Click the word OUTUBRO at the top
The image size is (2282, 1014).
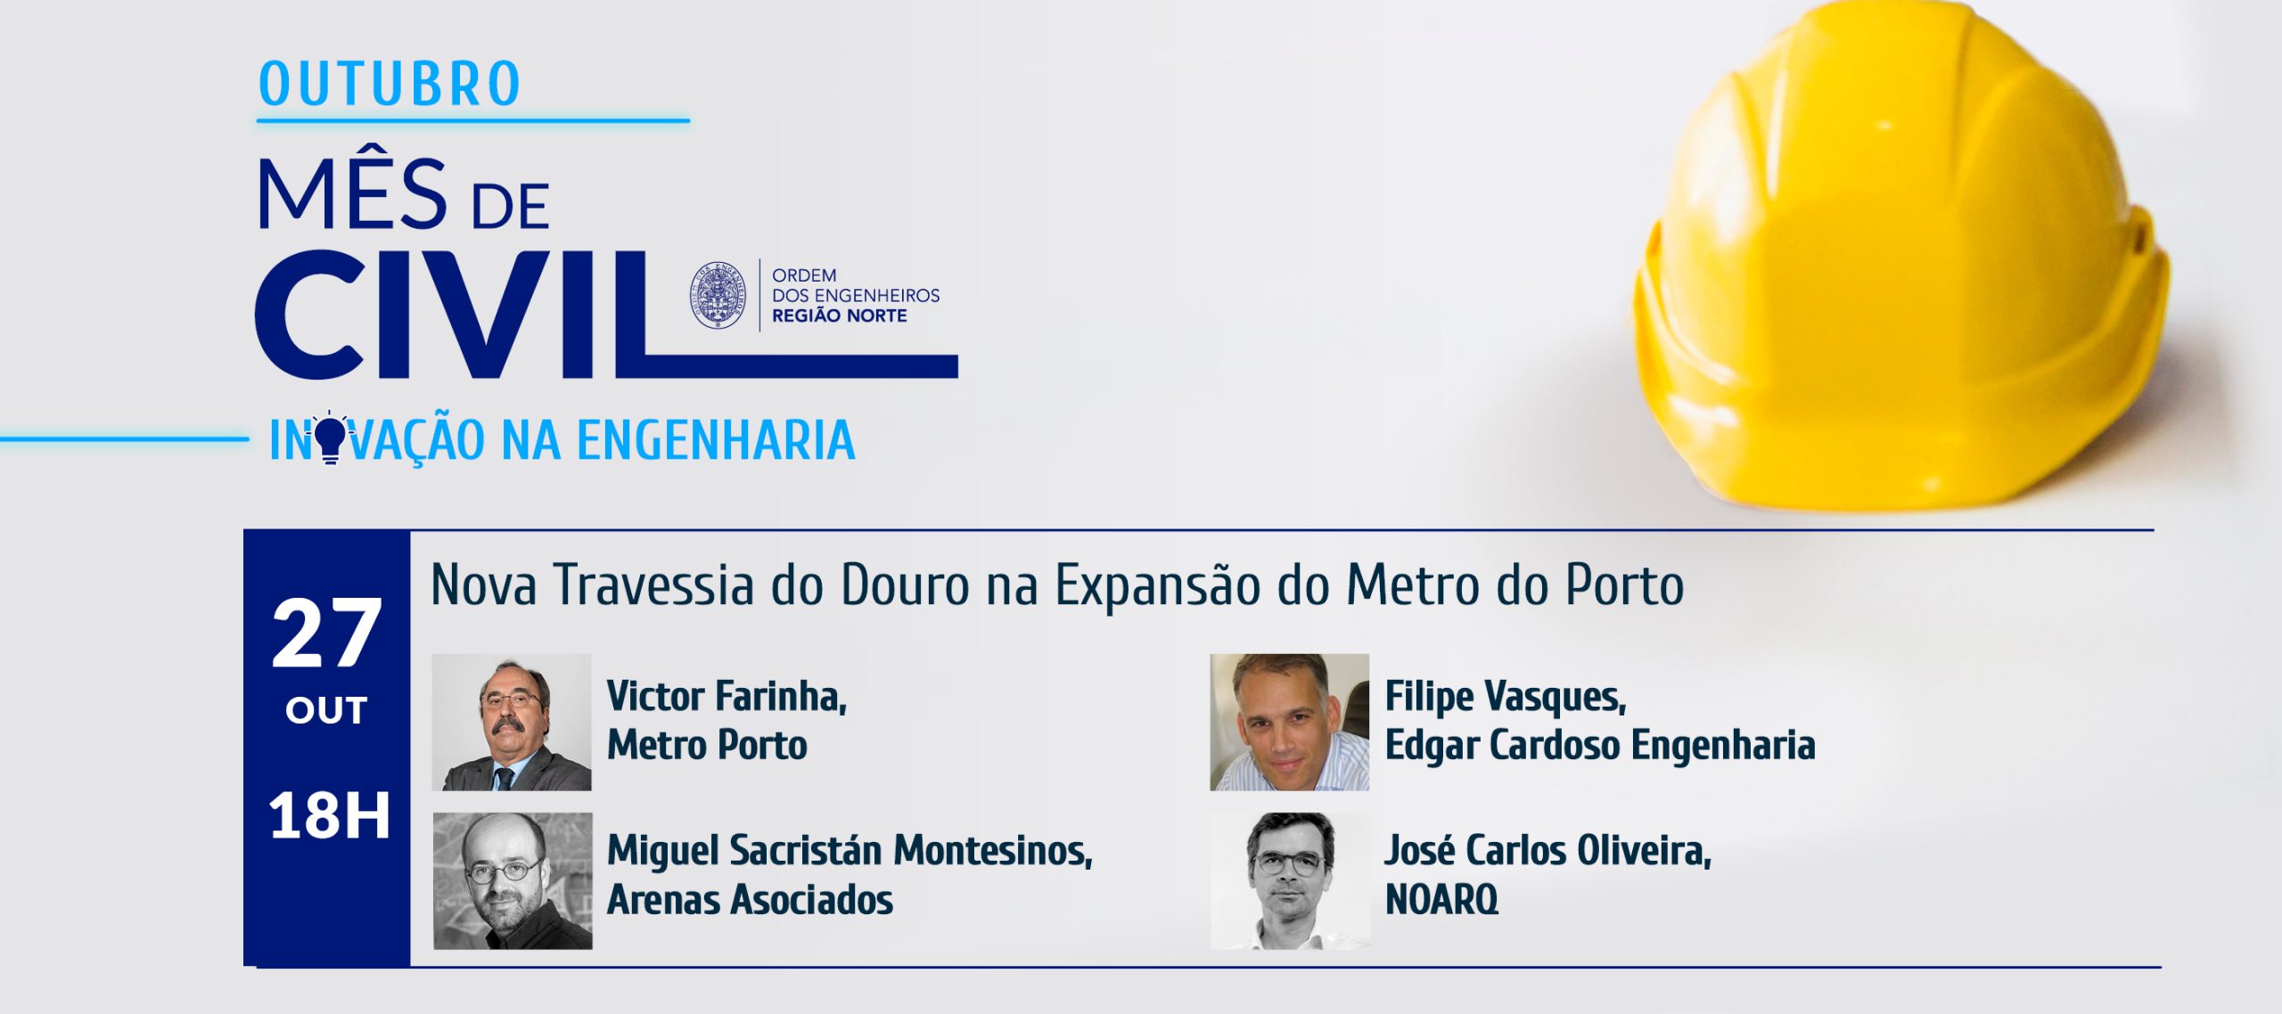point(390,84)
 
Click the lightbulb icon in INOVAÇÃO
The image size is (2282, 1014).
point(331,437)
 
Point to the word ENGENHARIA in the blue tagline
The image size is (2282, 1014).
point(716,440)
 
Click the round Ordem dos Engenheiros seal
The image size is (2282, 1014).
point(718,295)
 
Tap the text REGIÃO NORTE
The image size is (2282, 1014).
point(839,315)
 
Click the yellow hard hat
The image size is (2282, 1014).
point(1902,258)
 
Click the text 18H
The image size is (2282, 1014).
point(330,815)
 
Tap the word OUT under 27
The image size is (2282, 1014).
point(326,711)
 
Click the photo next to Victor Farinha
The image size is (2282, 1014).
point(512,723)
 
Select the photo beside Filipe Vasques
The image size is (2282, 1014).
point(1289,723)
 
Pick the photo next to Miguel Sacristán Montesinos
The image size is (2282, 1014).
point(513,880)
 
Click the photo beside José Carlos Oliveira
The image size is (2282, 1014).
point(1290,880)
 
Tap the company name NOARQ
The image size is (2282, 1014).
point(1441,900)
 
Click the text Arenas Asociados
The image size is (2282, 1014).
point(750,900)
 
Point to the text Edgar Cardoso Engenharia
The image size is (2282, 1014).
point(1600,746)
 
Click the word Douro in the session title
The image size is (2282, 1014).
point(905,586)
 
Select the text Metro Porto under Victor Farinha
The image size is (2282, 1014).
point(707,746)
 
